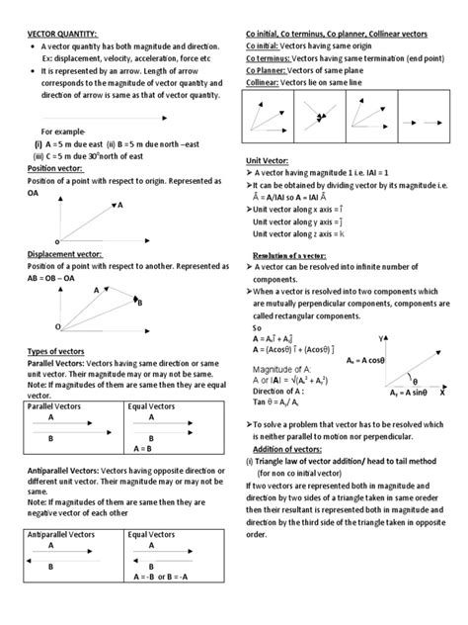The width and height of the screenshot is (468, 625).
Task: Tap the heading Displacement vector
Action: point(69,253)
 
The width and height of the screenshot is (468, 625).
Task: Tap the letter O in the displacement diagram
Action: point(57,325)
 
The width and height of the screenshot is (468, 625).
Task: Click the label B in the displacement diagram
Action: point(140,303)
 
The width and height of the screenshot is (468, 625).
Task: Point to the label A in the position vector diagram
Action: point(120,206)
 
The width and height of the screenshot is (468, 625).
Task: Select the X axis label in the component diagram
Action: point(441,393)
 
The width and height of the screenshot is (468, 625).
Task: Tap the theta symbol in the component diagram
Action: point(414,381)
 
